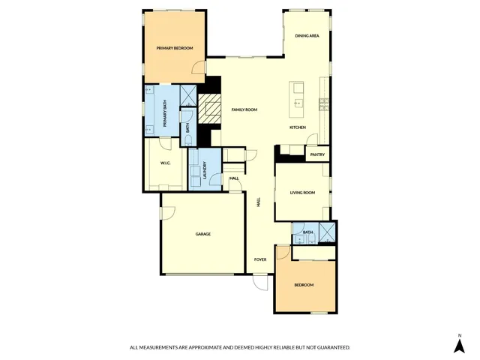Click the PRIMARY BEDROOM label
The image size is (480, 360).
(175, 48)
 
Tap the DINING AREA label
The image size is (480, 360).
(307, 36)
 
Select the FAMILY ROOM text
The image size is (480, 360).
(244, 109)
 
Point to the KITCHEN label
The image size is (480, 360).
(298, 127)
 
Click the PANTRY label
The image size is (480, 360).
(317, 155)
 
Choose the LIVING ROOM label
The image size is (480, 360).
(303, 193)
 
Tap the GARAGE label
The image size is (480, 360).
(203, 234)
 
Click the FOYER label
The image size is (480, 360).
(260, 259)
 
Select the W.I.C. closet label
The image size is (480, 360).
(166, 163)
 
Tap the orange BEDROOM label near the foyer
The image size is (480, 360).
(304, 285)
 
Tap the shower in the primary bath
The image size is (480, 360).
(188, 94)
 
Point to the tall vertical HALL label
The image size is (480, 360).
(259, 202)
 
